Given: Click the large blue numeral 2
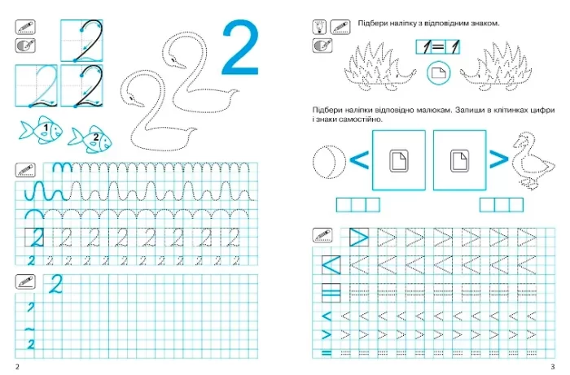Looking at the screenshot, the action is pyautogui.click(x=241, y=47).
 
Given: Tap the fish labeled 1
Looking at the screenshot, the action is pyautogui.click(x=41, y=129).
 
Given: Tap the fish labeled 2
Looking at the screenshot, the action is pyautogui.click(x=90, y=139).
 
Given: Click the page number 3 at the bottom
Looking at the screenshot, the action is pyautogui.click(x=553, y=366).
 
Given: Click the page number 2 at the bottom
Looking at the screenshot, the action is pyautogui.click(x=17, y=366).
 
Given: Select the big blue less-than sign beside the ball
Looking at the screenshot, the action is pyautogui.click(x=359, y=160).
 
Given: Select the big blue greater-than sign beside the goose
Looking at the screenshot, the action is pyautogui.click(x=498, y=159).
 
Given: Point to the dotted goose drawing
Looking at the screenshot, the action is pyautogui.click(x=533, y=160).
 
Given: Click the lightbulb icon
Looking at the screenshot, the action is pyautogui.click(x=319, y=27).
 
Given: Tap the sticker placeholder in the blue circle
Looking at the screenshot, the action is pyautogui.click(x=438, y=73).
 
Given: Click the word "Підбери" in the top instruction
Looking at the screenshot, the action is pyautogui.click(x=370, y=24).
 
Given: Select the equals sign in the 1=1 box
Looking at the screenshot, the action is pyautogui.click(x=438, y=47).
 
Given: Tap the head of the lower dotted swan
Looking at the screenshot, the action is pyautogui.click(x=132, y=98).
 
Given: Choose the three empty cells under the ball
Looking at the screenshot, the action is pyautogui.click(x=358, y=205).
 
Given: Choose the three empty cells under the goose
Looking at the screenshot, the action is pyautogui.click(x=502, y=205).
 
